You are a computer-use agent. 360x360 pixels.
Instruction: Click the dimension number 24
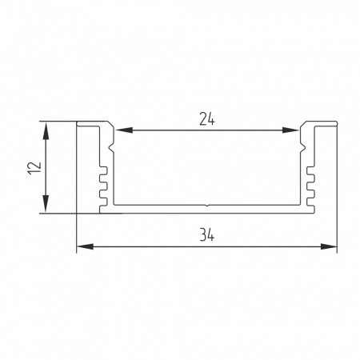(206, 120)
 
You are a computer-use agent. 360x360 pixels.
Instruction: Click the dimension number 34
(206, 236)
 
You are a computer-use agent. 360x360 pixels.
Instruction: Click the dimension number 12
(35, 168)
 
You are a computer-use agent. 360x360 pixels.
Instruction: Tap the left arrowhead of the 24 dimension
(124, 130)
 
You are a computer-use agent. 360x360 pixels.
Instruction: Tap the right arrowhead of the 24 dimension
(290, 130)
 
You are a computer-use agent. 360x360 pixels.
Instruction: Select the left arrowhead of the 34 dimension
(85, 246)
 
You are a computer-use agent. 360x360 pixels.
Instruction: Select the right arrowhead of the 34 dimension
(329, 246)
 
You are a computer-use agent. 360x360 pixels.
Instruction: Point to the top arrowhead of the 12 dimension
(46, 130)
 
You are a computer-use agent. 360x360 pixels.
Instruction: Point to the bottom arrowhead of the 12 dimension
(46, 204)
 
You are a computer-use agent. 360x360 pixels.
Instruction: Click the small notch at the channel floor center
(207, 206)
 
